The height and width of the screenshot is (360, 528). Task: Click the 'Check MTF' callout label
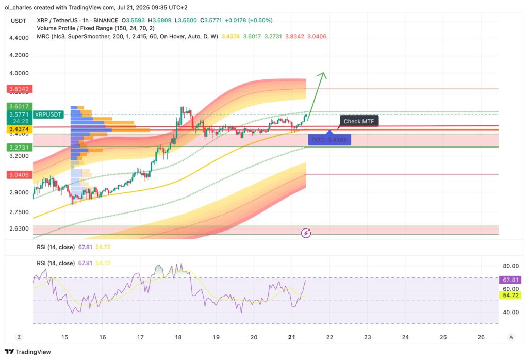(x=359, y=121)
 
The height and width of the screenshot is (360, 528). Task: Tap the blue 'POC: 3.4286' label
(x=329, y=139)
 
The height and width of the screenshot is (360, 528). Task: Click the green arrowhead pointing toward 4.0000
(x=323, y=76)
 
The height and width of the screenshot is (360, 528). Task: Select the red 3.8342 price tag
(x=19, y=89)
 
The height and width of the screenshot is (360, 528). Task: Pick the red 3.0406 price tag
(x=19, y=175)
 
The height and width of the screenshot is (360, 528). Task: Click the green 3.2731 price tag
(x=19, y=147)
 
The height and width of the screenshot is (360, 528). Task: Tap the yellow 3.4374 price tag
(x=19, y=129)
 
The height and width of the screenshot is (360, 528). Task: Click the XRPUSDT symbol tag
(x=48, y=114)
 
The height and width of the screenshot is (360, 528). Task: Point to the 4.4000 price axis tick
(x=19, y=38)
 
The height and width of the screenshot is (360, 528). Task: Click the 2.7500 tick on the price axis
(x=19, y=212)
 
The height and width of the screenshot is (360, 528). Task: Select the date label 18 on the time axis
(x=178, y=337)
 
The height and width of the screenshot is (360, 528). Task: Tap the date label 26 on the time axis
(x=481, y=337)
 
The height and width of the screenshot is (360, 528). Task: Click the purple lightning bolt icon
(x=306, y=233)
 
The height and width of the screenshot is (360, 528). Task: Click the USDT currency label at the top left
(x=19, y=20)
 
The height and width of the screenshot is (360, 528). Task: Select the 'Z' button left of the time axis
(x=19, y=337)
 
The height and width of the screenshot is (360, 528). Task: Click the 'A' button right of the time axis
(x=511, y=337)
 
